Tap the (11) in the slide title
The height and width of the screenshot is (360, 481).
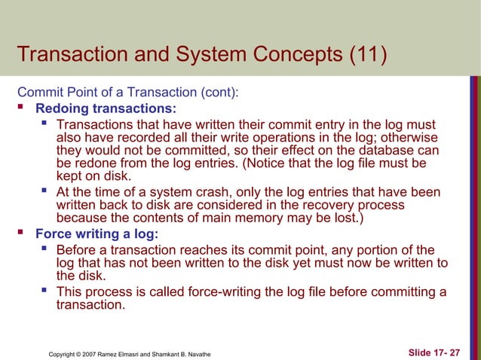[x=363, y=55]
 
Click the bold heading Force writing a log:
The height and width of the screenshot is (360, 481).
[x=97, y=233]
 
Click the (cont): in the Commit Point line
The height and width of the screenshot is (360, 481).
[x=216, y=93]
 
